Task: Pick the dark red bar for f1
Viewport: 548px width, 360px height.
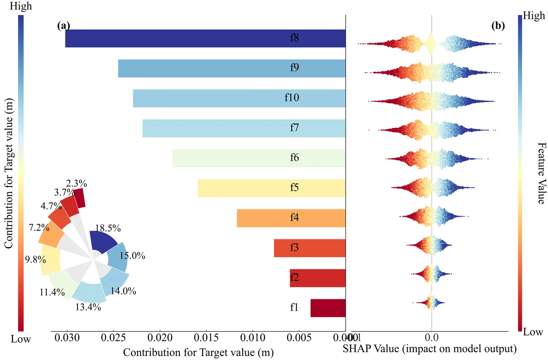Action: (x=328, y=308)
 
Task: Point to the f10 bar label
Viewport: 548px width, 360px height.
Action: (x=292, y=98)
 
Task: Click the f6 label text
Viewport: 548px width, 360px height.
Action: (x=294, y=157)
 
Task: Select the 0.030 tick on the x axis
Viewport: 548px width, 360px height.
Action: (x=67, y=338)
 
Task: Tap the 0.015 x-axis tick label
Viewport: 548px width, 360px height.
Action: (x=206, y=338)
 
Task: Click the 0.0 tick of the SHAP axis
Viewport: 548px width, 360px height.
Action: (x=431, y=338)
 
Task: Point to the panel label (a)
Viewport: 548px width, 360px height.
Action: (x=63, y=26)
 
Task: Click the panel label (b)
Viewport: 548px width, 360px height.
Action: (x=498, y=26)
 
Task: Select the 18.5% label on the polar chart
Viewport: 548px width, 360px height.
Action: (x=108, y=228)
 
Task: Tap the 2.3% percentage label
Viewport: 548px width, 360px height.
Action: (x=76, y=183)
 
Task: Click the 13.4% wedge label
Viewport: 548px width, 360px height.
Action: (x=88, y=307)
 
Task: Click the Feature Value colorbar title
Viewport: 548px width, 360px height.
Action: (x=541, y=173)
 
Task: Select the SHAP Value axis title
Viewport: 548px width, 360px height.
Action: (x=429, y=349)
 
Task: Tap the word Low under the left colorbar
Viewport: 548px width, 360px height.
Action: (x=21, y=339)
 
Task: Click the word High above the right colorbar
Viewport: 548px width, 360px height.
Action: (x=534, y=16)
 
